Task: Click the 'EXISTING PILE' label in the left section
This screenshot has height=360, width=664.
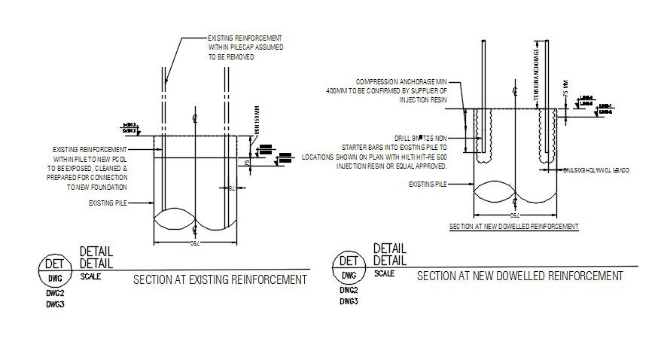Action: (108, 203)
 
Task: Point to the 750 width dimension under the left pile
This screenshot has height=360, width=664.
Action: (194, 245)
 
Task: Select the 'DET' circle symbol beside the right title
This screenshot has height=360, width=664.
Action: (348, 263)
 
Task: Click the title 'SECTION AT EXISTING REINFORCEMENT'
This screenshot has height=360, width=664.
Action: (220, 280)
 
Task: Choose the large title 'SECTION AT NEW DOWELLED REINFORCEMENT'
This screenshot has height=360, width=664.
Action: (520, 276)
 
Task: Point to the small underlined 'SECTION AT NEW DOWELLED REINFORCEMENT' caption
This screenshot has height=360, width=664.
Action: (513, 226)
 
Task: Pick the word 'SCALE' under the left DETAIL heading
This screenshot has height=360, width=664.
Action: (90, 276)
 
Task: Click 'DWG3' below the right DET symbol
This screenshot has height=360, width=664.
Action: (348, 301)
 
